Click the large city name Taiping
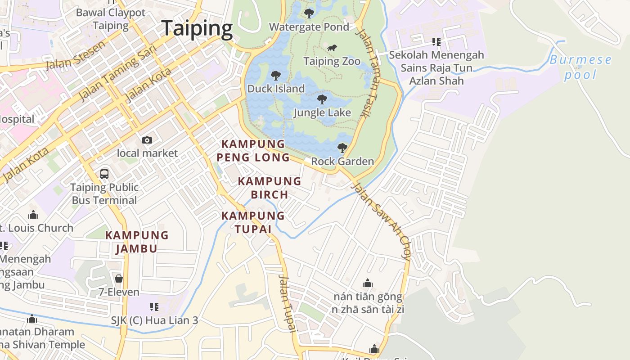coord(197,28)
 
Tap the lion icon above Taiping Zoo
coord(332,48)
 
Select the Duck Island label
coord(276,89)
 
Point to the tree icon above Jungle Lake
coord(322,99)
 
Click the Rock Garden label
coord(342,161)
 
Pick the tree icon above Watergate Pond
coord(309,13)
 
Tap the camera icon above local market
coord(147,140)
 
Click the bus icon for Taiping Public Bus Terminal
coord(104,174)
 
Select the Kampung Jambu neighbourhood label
coord(137,242)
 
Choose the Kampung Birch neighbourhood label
coord(270,188)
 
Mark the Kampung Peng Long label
coord(253,151)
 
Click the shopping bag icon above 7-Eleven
coord(119,279)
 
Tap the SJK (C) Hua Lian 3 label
coord(154,321)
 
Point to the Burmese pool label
coord(580,67)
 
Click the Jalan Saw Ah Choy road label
coord(382,220)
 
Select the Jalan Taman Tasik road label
coord(369,73)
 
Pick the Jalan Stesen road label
coord(76,55)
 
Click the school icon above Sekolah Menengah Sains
coord(436,42)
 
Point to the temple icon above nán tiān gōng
coord(368,283)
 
